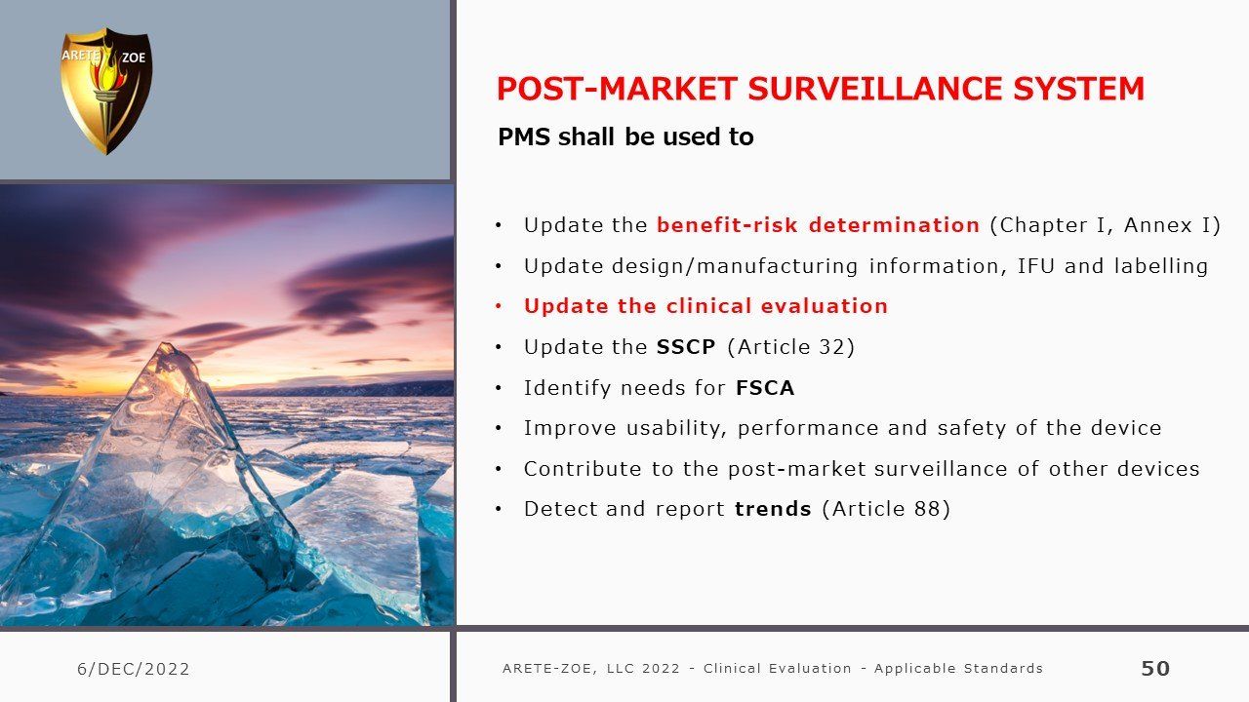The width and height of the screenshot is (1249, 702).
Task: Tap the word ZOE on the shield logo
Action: click(x=134, y=58)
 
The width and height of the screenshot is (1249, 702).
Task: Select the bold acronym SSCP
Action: click(x=686, y=346)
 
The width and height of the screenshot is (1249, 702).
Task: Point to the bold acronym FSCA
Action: click(x=765, y=387)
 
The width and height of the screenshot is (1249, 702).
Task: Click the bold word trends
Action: click(x=773, y=509)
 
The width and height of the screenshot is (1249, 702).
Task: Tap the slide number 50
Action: click(x=1155, y=668)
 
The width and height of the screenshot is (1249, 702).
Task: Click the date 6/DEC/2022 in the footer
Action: click(x=134, y=669)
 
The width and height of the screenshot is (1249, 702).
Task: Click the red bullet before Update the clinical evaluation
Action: click(x=499, y=306)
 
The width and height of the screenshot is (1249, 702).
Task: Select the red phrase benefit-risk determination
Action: click(x=818, y=225)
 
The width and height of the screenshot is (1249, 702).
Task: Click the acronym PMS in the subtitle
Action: click(x=524, y=137)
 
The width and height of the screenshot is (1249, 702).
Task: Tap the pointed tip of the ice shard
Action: click(x=165, y=344)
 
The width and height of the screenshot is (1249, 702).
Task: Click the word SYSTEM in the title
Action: click(x=1078, y=89)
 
